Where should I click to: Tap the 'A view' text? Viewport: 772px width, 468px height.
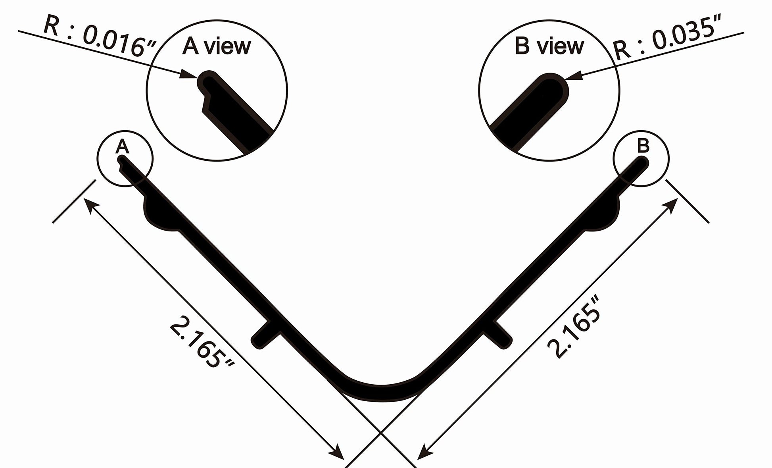point(217,47)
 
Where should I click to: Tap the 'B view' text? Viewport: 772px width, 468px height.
point(549,46)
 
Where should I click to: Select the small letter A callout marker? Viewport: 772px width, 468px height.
point(122,147)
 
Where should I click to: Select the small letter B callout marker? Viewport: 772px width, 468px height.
point(643,146)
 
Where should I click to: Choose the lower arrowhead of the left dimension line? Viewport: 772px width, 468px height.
point(338,453)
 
